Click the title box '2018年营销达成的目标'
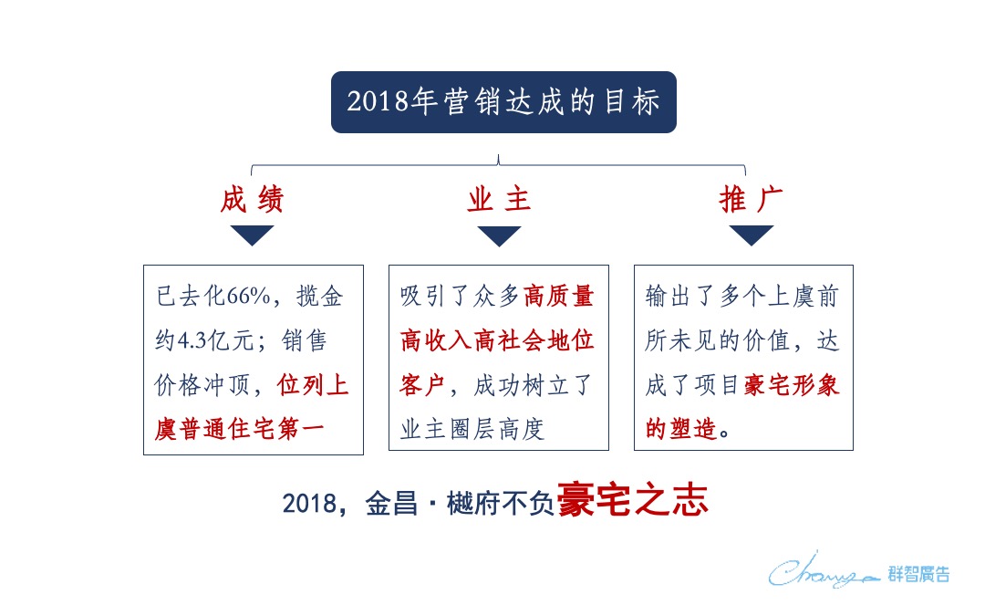coord(503,102)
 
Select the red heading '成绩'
coord(252,200)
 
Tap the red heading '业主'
coord(499,200)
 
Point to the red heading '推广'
coord(752,200)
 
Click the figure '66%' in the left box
coord(244,297)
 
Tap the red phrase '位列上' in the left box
coord(314,385)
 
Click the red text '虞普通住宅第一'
coord(252,429)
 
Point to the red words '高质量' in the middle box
coord(559,297)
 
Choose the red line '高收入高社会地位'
coord(497,341)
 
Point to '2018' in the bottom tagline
coord(306,504)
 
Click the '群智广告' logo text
coord(918,574)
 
